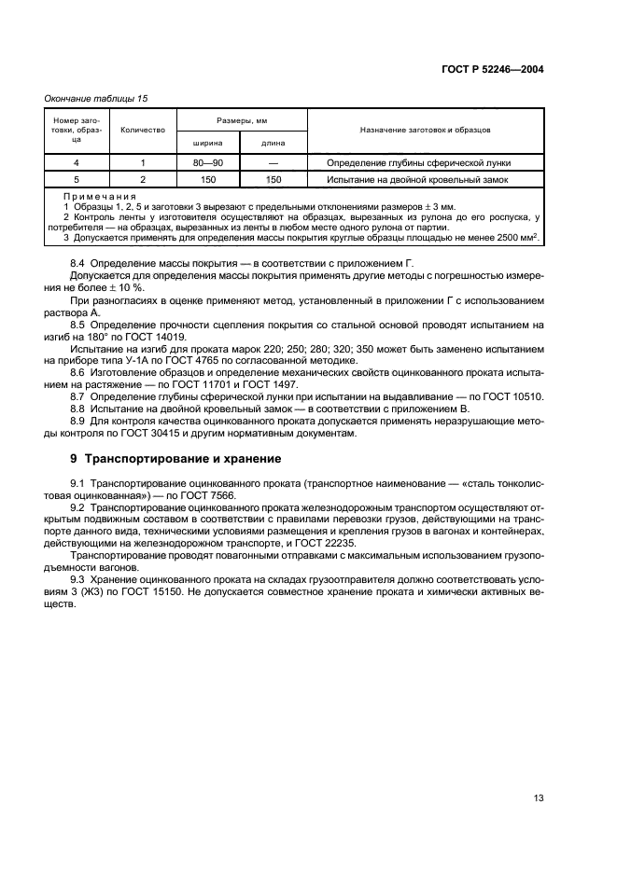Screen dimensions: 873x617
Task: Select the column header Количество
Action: click(143, 131)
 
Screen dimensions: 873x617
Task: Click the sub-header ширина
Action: click(207, 143)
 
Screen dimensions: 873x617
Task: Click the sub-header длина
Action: click(273, 143)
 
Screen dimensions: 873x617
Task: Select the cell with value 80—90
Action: click(207, 162)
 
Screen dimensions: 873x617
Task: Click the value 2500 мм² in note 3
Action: click(523, 237)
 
